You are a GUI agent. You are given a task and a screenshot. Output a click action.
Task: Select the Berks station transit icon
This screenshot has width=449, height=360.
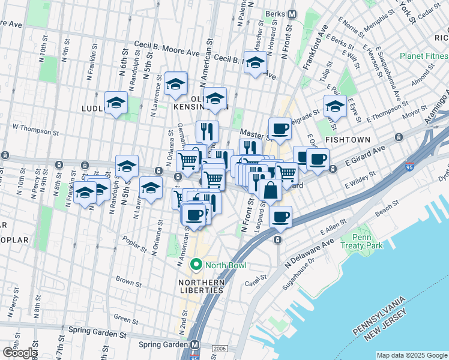pyautogui.click(x=292, y=14)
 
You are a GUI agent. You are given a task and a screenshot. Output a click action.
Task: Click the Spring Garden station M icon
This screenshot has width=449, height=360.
pyautogui.click(x=194, y=345)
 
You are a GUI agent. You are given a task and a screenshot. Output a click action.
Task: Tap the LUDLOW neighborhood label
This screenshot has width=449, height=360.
pyautogui.click(x=92, y=108)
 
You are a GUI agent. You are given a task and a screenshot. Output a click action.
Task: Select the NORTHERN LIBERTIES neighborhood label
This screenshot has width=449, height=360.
pyautogui.click(x=201, y=286)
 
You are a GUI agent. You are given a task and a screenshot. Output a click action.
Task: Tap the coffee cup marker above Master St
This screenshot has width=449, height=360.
pyautogui.click(x=279, y=128)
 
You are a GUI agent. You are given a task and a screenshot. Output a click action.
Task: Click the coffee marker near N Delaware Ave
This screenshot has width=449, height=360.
pyautogui.click(x=280, y=217)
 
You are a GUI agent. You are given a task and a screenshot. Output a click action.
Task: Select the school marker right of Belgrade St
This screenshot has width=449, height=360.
pyautogui.click(x=335, y=107)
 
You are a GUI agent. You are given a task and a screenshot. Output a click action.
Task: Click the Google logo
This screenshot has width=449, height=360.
pyautogui.click(x=19, y=353)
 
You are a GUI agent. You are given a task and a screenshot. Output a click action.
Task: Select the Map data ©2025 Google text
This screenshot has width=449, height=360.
pyautogui.click(x=411, y=355)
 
